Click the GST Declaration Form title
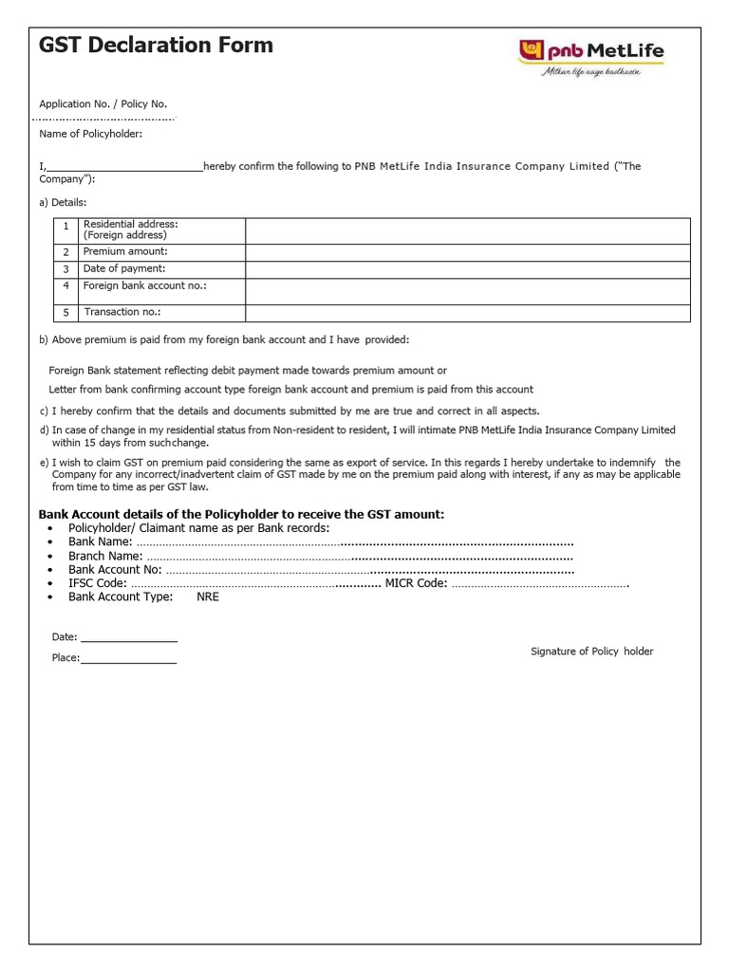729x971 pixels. [156, 45]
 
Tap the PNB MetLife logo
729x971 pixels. [589, 56]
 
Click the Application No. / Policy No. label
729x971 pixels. [103, 104]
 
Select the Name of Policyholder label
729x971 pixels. [90, 134]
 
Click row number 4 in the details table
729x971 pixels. [66, 285]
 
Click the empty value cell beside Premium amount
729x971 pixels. [467, 252]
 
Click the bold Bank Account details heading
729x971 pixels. [241, 514]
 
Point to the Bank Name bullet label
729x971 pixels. [100, 541]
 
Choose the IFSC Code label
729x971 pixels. [98, 583]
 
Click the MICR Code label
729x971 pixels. [416, 583]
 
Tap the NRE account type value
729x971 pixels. [208, 597]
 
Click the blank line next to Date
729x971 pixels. [128, 637]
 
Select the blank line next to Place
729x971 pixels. [129, 658]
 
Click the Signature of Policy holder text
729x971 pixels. [591, 651]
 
